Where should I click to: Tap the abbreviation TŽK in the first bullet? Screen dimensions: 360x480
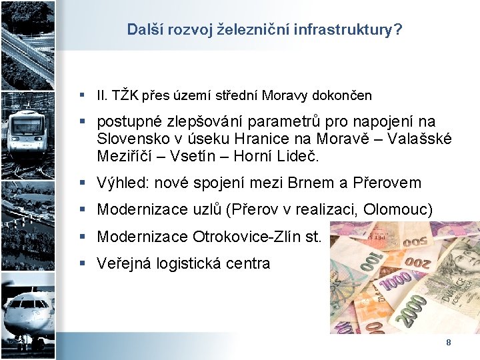point(125,95)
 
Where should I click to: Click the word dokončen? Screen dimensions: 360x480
point(340,95)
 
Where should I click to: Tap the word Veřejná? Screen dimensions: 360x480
point(124,263)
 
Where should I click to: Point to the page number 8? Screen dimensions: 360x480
point(448,342)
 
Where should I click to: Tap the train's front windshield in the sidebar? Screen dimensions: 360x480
point(28,123)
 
